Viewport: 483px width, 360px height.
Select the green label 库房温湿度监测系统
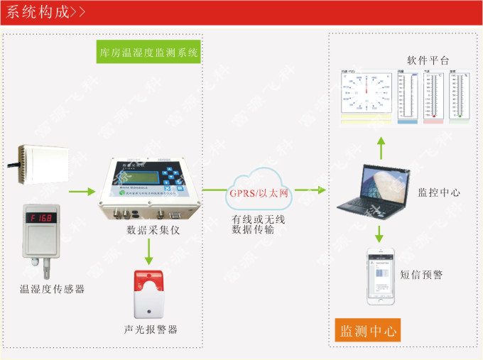[148, 53]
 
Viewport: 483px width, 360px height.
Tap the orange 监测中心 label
[369, 331]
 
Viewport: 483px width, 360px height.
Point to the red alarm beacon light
[148, 293]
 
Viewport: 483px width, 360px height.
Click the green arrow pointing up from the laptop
[381, 148]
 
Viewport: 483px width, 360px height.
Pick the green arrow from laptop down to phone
[381, 232]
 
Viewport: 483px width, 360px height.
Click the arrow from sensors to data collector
[80, 190]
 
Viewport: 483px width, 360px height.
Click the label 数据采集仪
[149, 229]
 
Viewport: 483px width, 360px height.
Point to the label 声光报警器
[149, 329]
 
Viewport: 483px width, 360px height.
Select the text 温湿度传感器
[52, 288]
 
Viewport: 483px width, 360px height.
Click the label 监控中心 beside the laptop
[439, 192]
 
